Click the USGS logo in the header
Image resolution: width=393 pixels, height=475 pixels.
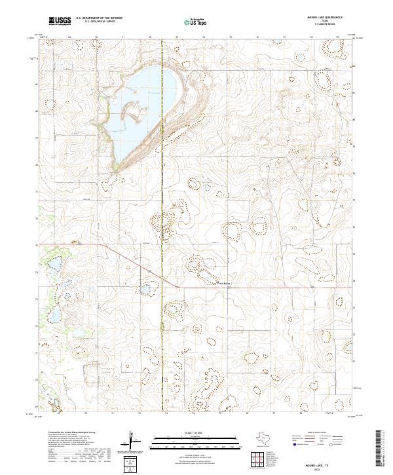(x=60, y=21)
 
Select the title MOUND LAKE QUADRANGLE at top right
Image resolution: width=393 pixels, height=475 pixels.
(x=327, y=18)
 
